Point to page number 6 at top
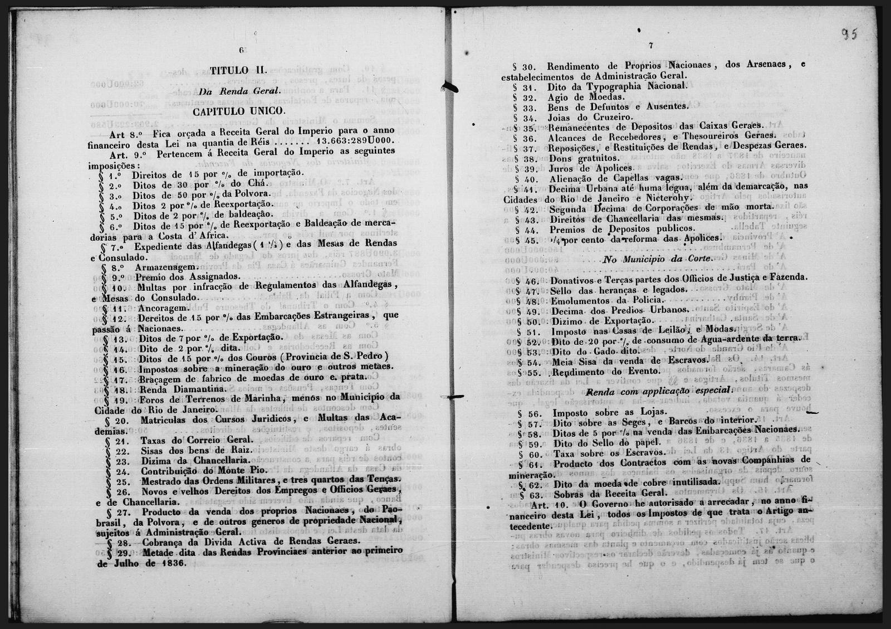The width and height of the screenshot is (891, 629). tap(242, 50)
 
